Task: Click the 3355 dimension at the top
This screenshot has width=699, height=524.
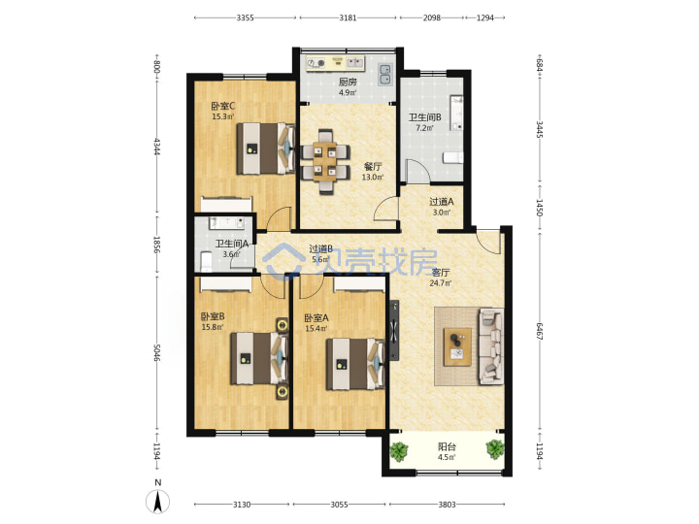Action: pyautogui.click(x=246, y=17)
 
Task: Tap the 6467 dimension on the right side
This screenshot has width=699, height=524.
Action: pyautogui.click(x=540, y=331)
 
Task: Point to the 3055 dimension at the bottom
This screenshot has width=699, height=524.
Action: pyautogui.click(x=339, y=505)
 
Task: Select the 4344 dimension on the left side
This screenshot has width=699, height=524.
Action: pyautogui.click(x=157, y=147)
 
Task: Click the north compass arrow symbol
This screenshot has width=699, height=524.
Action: pyautogui.click(x=158, y=501)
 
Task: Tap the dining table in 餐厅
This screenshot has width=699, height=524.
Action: pyautogui.click(x=324, y=162)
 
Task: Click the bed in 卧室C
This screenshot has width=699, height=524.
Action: pyautogui.click(x=266, y=148)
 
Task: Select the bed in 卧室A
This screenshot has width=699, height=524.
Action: pyautogui.click(x=355, y=364)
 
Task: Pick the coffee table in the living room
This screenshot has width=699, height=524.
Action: pyautogui.click(x=457, y=346)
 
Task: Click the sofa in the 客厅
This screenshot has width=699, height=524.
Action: pyautogui.click(x=491, y=346)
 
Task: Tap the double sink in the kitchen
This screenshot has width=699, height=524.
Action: pyautogui.click(x=384, y=74)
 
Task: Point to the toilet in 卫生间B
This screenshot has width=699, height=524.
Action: pyautogui.click(x=453, y=158)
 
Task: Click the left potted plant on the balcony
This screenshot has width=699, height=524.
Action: pyautogui.click(x=399, y=451)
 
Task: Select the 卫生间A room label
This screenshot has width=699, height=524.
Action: pyautogui.click(x=232, y=245)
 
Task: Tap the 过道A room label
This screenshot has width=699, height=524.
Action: pyautogui.click(x=442, y=202)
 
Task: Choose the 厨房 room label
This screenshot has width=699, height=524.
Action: pyautogui.click(x=348, y=82)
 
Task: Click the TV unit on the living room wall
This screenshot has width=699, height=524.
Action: pyautogui.click(x=394, y=330)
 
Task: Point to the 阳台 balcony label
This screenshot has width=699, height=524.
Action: pyautogui.click(x=447, y=447)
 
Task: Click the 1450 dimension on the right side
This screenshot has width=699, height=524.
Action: pyautogui.click(x=540, y=208)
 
